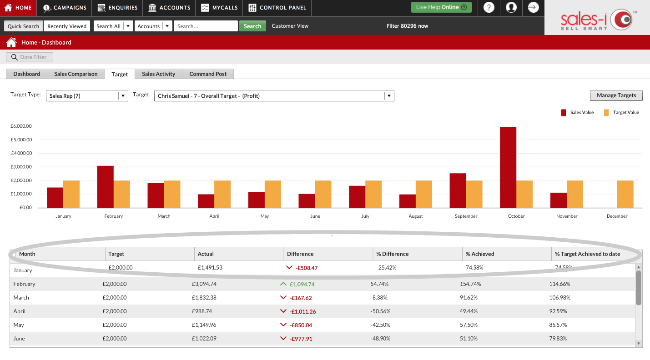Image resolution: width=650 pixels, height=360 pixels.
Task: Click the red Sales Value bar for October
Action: click(508, 167)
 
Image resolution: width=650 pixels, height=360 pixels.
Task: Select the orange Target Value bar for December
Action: click(625, 194)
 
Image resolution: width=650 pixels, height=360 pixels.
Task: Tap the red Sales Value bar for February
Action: click(106, 186)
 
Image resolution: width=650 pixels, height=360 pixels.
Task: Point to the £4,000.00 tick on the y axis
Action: click(21, 153)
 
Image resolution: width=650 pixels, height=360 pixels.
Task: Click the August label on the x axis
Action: click(416, 216)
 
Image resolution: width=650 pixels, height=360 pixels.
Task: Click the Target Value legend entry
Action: click(621, 113)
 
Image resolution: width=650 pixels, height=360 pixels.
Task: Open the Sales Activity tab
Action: click(158, 74)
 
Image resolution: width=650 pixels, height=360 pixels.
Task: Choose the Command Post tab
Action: click(208, 74)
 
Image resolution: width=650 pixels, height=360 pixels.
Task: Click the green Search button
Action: click(252, 26)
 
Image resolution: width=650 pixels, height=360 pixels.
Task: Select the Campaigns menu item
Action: click(65, 8)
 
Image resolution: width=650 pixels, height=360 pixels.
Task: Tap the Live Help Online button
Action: click(441, 7)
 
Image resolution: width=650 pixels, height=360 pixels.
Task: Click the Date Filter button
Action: click(30, 57)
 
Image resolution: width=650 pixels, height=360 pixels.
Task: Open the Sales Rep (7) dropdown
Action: click(87, 96)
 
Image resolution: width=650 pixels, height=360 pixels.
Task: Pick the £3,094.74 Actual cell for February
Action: click(204, 284)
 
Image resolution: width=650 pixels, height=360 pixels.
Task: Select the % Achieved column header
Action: click(480, 254)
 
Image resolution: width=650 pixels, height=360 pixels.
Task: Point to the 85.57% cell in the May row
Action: click(558, 325)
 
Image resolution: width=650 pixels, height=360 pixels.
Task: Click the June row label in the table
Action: click(19, 339)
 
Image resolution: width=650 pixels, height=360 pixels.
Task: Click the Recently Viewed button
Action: click(67, 26)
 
